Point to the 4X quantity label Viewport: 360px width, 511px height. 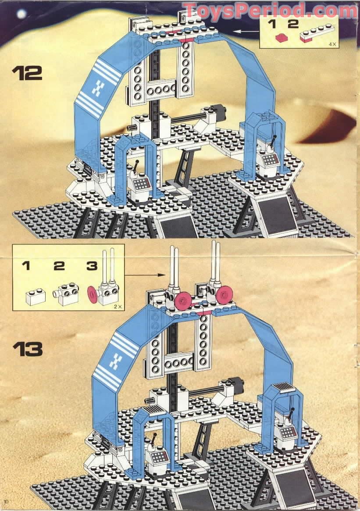333,44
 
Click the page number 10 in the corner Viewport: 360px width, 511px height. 5,501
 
